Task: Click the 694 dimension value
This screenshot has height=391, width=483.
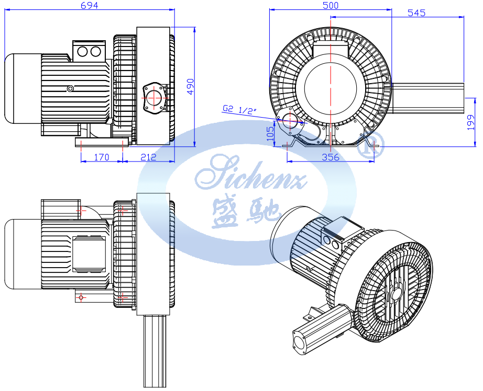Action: pyautogui.click(x=89, y=5)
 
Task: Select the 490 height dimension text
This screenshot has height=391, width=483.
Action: pyautogui.click(x=191, y=87)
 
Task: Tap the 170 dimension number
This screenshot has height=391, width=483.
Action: pyautogui.click(x=101, y=157)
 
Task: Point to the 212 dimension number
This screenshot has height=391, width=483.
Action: pyautogui.click(x=148, y=157)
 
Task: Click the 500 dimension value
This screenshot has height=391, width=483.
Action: pyautogui.click(x=331, y=5)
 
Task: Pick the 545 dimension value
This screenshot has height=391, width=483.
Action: pyautogui.click(x=416, y=13)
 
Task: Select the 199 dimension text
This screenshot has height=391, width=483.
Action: pyautogui.click(x=471, y=122)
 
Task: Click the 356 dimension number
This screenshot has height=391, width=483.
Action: pyautogui.click(x=331, y=157)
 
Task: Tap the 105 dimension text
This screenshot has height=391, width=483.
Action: pyautogui.click(x=270, y=134)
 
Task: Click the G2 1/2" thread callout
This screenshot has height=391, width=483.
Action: pyautogui.click(x=239, y=109)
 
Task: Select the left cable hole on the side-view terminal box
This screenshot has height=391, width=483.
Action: pyautogui.click(x=82, y=51)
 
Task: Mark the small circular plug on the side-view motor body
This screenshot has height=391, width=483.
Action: pyautogui.click(x=71, y=89)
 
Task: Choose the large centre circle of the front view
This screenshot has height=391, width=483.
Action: pyautogui.click(x=331, y=88)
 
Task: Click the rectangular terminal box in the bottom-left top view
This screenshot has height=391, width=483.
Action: pyautogui.click(x=89, y=255)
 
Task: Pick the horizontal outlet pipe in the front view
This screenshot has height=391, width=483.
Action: pyautogui.click(x=428, y=98)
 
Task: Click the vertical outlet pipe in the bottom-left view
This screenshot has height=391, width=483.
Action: pyautogui.click(x=155, y=351)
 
